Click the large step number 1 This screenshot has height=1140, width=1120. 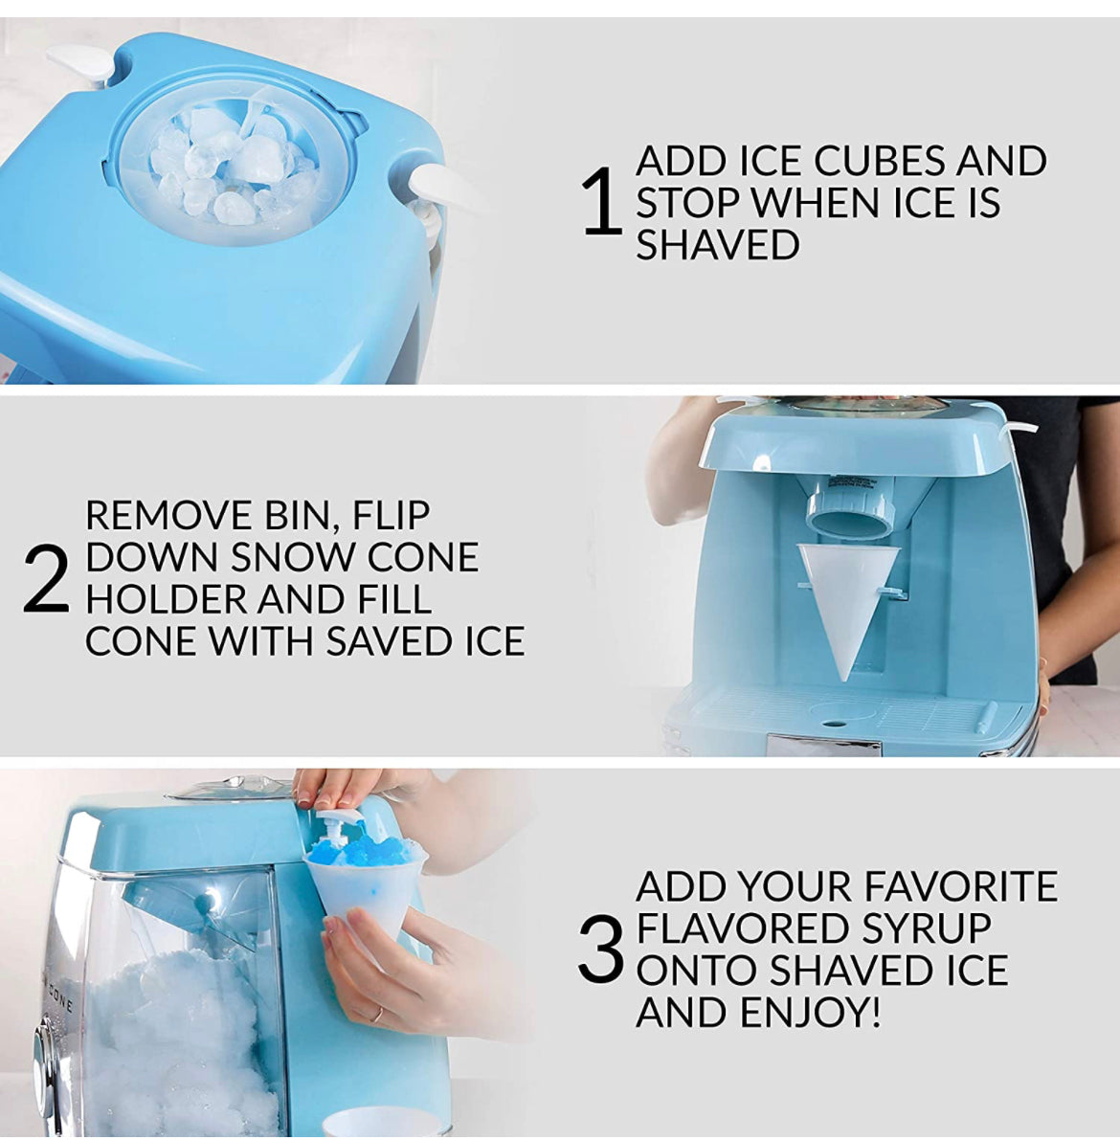pos(602,202)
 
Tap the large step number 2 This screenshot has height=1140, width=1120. pos(46,579)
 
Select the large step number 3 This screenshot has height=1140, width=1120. pos(601,949)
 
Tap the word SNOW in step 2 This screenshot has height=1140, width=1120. pos(295,558)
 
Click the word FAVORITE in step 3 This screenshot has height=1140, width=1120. pos(960,886)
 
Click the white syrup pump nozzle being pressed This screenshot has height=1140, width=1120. pos(344,820)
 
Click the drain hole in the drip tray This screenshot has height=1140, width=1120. pos(834,724)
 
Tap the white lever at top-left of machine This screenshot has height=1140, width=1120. pos(81,65)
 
